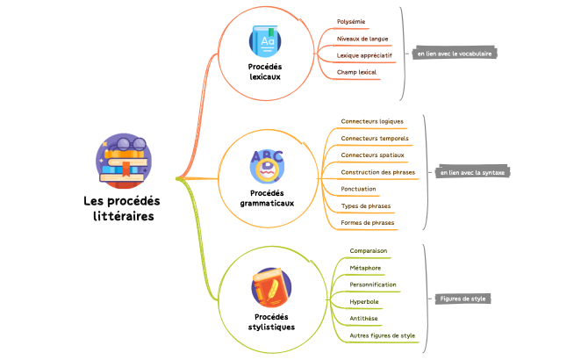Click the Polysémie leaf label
(x=351, y=21)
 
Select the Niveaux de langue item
(x=362, y=38)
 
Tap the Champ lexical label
(x=356, y=71)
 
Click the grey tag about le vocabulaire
(x=454, y=54)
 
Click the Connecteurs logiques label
(x=372, y=121)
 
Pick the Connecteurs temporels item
(x=375, y=138)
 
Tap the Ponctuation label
(x=358, y=189)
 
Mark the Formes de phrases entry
(x=368, y=222)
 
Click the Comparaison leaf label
(x=369, y=250)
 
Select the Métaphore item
(x=365, y=268)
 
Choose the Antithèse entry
(x=364, y=318)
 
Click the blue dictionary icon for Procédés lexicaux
(x=266, y=41)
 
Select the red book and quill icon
(x=272, y=288)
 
